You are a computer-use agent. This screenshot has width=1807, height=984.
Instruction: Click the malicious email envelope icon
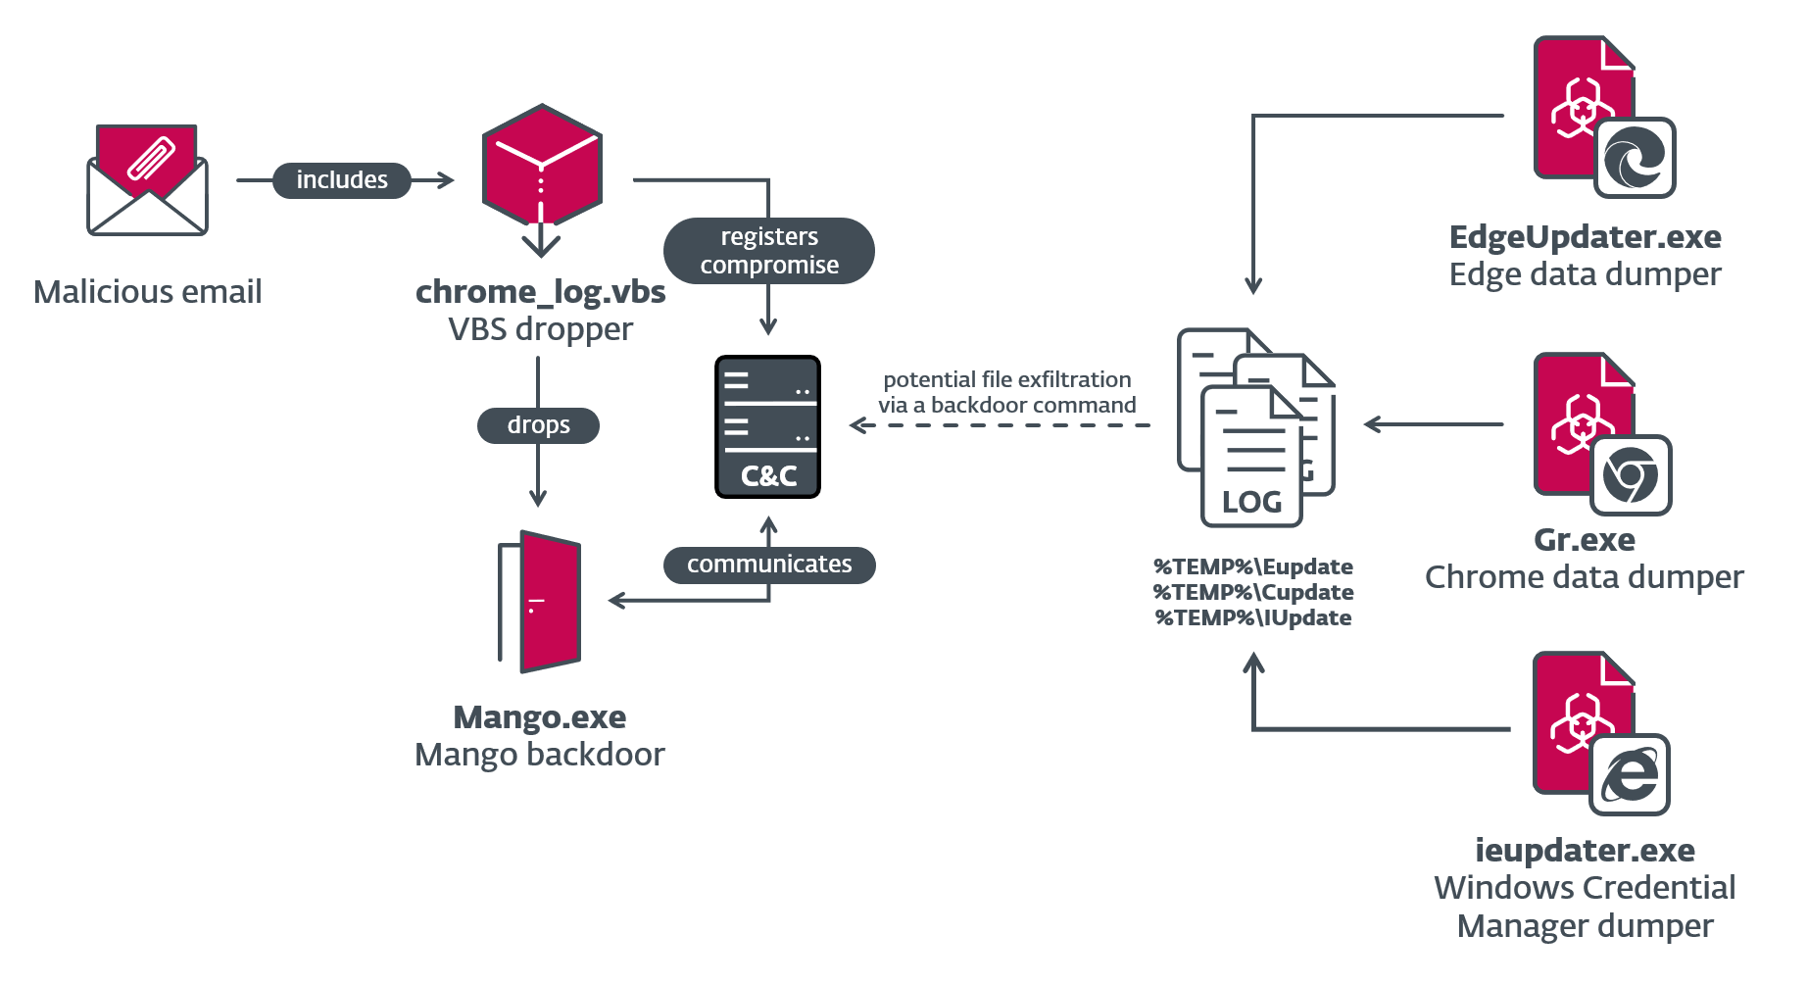(148, 180)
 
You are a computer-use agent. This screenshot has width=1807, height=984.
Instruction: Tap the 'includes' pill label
(342, 180)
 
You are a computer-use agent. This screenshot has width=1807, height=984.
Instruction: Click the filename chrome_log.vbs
(540, 292)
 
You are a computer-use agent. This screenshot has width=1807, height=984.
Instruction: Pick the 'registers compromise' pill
(769, 251)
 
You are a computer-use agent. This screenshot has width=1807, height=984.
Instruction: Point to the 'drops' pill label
(538, 425)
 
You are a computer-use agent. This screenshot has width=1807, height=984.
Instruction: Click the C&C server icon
(768, 427)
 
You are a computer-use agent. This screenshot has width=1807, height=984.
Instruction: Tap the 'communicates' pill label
(769, 565)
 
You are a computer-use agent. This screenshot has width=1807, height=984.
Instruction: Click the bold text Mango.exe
(540, 717)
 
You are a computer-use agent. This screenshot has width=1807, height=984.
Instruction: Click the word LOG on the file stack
(1251, 502)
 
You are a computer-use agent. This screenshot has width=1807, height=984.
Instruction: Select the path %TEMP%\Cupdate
(1253, 592)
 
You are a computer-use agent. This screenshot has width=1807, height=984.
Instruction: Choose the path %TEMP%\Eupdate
(1253, 566)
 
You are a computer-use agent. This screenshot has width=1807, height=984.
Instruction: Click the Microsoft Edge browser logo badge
(1635, 159)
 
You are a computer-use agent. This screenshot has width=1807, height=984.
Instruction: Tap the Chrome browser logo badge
(1631, 476)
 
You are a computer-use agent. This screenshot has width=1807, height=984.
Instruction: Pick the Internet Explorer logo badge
(1630, 775)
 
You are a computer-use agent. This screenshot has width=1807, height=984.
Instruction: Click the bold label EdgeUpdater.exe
(1585, 237)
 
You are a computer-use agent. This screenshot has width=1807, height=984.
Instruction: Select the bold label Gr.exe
(1585, 540)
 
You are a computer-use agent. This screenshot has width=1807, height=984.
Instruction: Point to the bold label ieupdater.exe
(1585, 850)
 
